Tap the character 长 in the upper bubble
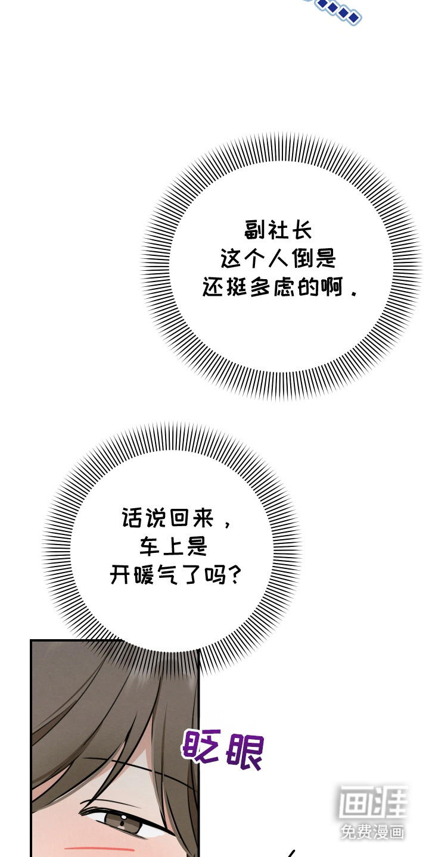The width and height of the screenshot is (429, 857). click(302, 230)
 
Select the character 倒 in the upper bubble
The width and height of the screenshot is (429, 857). click(301, 258)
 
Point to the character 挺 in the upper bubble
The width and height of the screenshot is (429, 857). click(237, 287)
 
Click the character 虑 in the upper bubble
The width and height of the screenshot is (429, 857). click(284, 287)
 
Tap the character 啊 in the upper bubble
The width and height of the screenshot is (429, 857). click(331, 287)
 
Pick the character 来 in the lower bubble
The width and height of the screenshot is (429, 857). click(203, 518)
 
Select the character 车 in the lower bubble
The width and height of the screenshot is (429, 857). click(150, 546)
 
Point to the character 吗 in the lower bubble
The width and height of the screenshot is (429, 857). click(214, 574)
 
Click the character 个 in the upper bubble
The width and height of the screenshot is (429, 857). click(254, 258)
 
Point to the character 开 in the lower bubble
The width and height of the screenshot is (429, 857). click(120, 574)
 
